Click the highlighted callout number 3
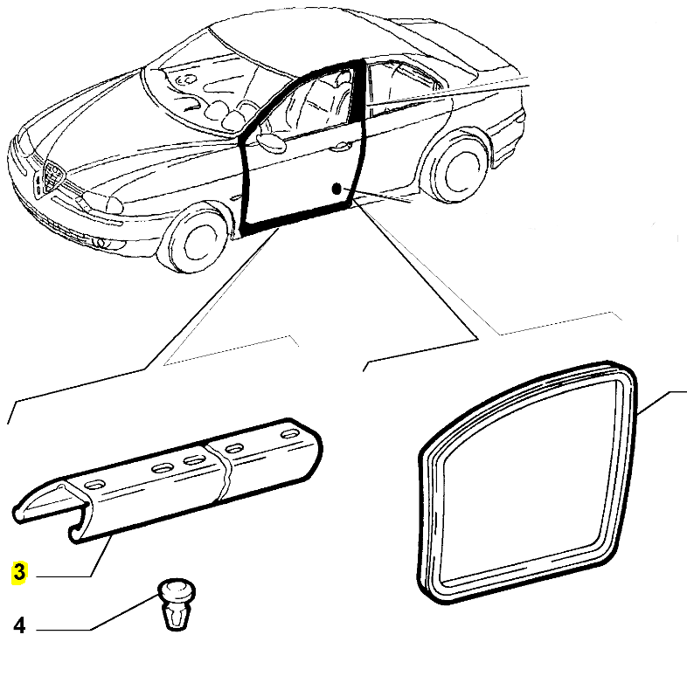click(x=19, y=572)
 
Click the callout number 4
click(x=19, y=625)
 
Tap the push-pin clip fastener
click(x=177, y=604)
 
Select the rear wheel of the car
click(x=457, y=167)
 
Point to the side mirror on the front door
click(x=270, y=142)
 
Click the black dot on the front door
click(x=337, y=189)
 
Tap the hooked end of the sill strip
click(x=79, y=526)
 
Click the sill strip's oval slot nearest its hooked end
click(x=94, y=485)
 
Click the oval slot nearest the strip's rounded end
click(x=290, y=434)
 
